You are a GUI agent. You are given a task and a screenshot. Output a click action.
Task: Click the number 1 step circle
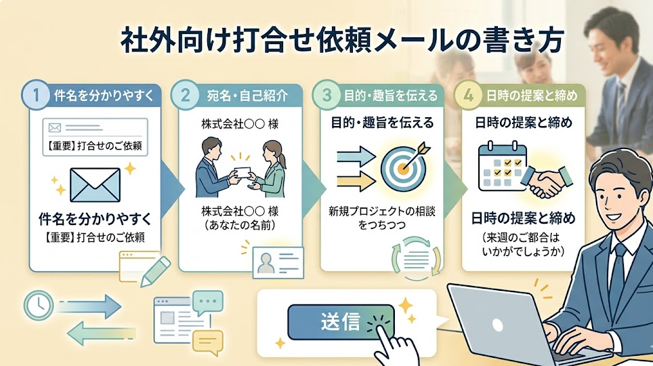[36, 95]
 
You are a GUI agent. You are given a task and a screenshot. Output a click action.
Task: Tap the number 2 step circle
[185, 95]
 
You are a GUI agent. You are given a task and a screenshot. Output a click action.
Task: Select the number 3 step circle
[326, 95]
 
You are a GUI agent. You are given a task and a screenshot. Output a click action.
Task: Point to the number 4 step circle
[467, 95]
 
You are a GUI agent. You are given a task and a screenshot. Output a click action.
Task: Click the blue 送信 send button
[340, 322]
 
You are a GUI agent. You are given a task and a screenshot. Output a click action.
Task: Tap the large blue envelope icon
[96, 184]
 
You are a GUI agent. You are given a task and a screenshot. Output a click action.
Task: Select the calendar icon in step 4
[503, 166]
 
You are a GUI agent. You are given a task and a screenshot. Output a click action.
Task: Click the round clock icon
[39, 306]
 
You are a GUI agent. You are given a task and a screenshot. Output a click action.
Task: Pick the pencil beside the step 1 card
[155, 271]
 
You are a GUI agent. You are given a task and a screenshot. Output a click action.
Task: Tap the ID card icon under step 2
[278, 262]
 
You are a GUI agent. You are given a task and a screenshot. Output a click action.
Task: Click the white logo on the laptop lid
[497, 324]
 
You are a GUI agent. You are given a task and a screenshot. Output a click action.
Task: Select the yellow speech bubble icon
[207, 342]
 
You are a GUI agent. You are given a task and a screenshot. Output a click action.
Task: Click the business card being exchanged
[243, 173]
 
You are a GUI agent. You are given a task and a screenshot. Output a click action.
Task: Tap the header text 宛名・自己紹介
[247, 96]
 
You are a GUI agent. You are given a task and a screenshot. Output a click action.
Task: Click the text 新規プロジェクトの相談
[382, 211]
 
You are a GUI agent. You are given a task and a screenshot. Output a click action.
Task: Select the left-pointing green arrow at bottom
[101, 333]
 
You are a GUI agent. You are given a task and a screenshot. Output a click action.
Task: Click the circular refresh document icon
[416, 258]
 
